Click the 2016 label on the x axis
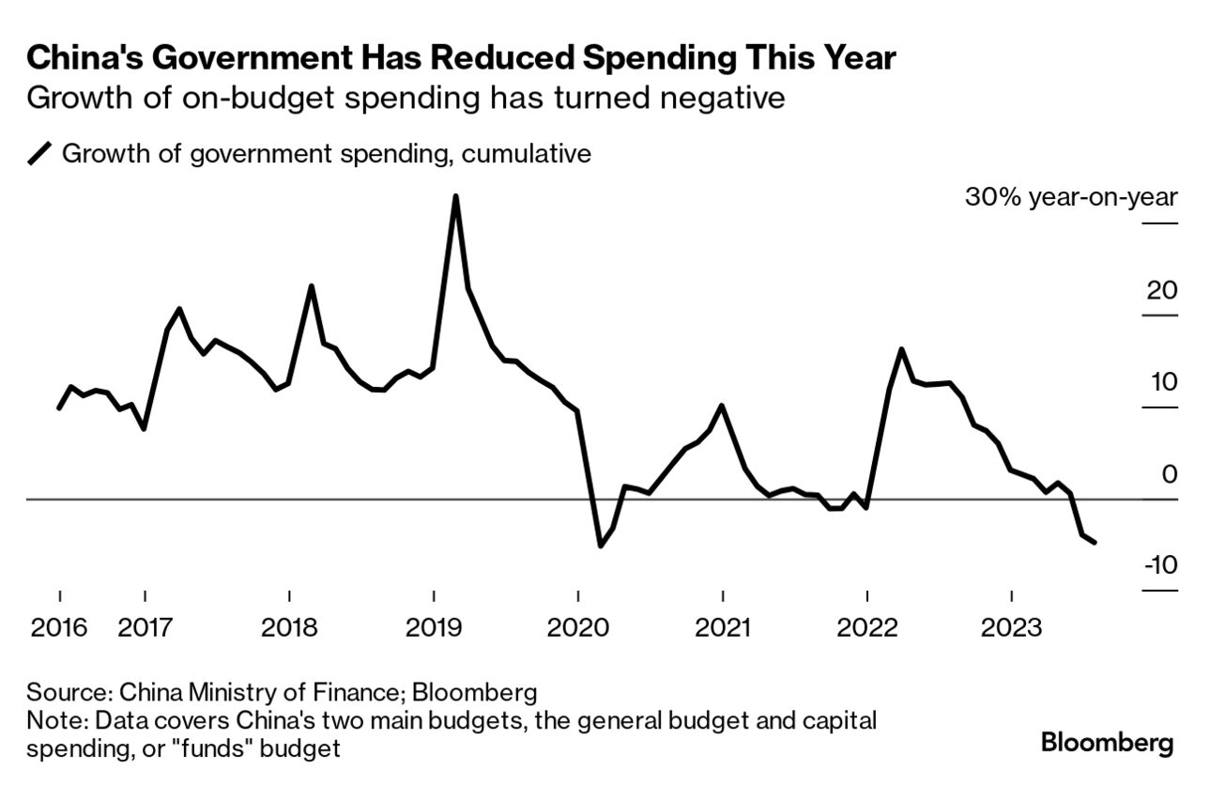coord(58,626)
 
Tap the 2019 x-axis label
coord(433,626)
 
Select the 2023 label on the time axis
coord(1011,626)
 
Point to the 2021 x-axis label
coord(722,626)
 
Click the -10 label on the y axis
coord(1160,565)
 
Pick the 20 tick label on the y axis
coord(1162,290)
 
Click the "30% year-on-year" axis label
coord(1071,198)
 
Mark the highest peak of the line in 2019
coord(455,196)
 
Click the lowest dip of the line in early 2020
coord(601,546)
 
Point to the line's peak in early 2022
coord(901,349)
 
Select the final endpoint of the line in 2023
coord(1095,543)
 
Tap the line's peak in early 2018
coord(311,285)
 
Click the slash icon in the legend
coord(40,154)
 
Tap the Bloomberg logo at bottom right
coord(1108,744)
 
